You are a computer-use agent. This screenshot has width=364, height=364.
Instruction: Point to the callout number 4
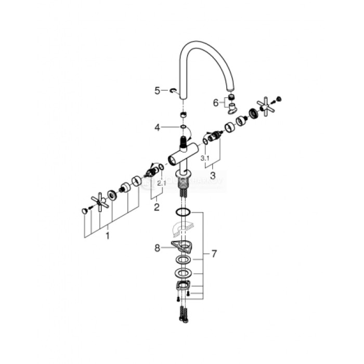(x=157, y=126)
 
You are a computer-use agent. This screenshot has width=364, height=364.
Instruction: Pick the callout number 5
(x=158, y=90)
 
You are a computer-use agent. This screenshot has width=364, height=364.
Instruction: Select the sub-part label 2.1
(x=162, y=183)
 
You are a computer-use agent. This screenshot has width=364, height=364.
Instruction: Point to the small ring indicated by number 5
(x=172, y=91)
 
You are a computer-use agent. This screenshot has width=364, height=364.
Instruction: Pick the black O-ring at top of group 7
(x=183, y=212)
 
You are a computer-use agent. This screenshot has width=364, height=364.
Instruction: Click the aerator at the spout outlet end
(x=231, y=98)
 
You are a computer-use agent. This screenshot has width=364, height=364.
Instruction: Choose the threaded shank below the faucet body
(x=183, y=182)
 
